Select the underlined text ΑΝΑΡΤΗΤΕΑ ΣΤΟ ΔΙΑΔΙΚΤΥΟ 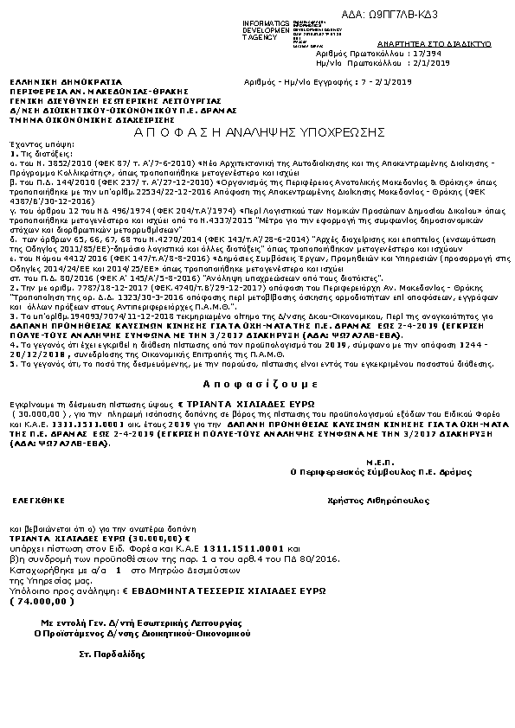pyautogui.click(x=448, y=42)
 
